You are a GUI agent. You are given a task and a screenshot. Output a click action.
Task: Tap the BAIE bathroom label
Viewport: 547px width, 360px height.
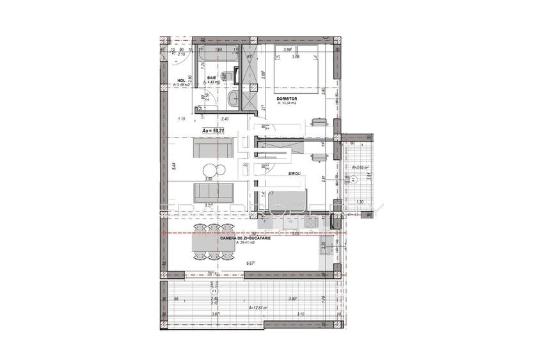[x=212, y=77]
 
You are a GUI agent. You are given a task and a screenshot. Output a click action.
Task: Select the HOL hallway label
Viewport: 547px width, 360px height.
[x=181, y=81]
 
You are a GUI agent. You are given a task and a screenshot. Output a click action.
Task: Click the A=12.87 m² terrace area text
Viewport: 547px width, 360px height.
[x=258, y=308]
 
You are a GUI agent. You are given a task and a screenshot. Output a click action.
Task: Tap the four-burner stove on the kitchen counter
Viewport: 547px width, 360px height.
[x=311, y=223]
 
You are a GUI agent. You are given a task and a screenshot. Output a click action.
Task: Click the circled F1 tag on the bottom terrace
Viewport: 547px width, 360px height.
[x=214, y=290]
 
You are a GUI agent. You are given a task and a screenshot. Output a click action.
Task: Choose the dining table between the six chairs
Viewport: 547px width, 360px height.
[x=212, y=244]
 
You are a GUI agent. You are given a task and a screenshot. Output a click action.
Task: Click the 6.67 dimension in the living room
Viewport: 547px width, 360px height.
[x=251, y=262]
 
